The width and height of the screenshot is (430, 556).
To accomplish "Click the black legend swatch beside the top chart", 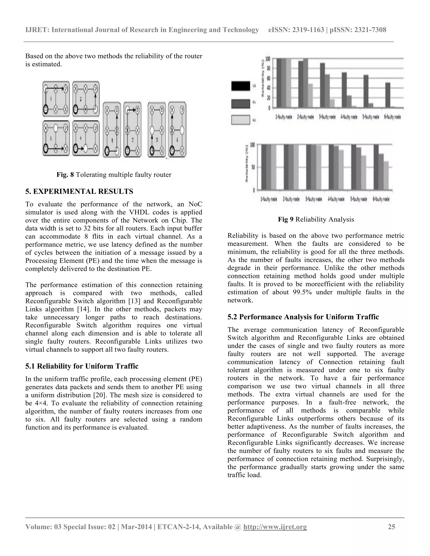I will click(240, 86).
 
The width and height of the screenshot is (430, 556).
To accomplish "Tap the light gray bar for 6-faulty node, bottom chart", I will click(386, 175).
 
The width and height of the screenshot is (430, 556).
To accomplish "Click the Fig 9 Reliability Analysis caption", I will click(316, 219).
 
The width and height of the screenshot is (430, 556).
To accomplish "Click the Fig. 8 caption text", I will click(114, 175).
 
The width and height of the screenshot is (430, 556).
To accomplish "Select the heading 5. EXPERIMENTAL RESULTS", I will click(79, 191).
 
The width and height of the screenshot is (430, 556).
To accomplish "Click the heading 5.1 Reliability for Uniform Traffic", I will click(82, 366).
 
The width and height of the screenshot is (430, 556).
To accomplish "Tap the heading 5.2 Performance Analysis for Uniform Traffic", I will click(303, 317).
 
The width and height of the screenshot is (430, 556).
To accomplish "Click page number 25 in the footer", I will click(391, 527).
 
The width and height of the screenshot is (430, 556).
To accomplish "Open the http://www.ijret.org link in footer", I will click(275, 527).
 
